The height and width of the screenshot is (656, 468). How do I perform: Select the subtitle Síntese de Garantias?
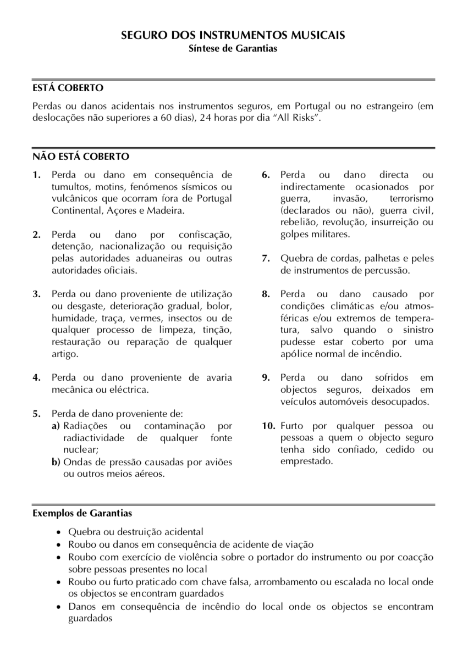234,48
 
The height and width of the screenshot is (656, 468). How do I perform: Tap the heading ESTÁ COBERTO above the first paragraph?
68,88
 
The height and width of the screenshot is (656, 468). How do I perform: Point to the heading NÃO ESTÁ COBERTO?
81,157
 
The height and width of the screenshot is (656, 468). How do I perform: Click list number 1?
36,175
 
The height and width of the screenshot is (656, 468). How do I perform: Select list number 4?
36,377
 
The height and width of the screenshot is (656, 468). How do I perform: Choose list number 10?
268,426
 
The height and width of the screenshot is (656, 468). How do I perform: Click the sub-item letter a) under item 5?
56,426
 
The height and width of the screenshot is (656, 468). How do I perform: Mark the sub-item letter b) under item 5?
56,462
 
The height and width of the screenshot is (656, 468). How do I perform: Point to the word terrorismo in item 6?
411,198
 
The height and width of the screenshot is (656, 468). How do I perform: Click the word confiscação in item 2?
206,235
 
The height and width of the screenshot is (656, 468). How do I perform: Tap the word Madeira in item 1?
165,210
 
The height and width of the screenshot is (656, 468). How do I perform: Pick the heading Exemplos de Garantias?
82,514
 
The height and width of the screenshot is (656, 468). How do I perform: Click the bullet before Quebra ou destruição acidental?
59,532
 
